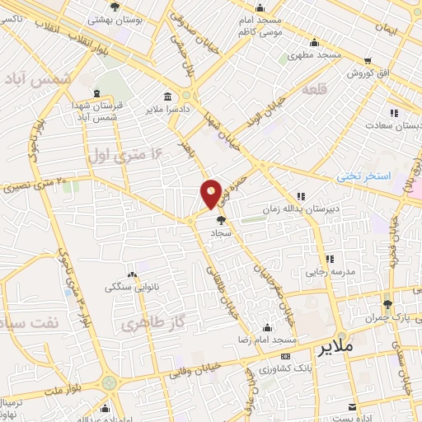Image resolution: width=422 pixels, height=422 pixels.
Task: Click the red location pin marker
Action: click(211, 193)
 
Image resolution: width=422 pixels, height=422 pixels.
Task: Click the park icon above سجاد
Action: click(220, 219)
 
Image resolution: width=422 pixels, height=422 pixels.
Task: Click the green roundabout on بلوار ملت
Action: click(110, 382)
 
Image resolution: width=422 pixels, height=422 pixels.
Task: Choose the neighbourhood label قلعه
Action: click(316, 88)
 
